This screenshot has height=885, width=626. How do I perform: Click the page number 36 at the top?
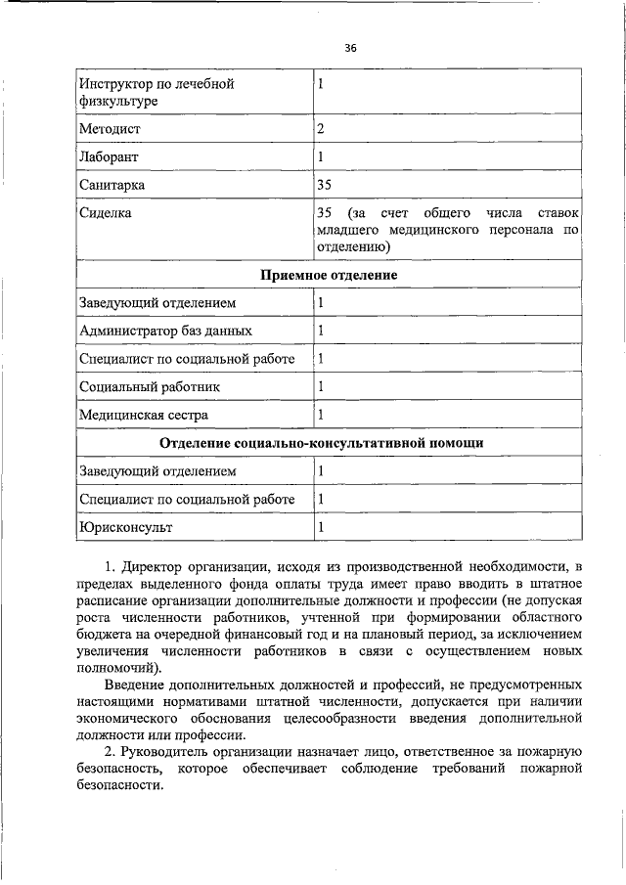point(350,47)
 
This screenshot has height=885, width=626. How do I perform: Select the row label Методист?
point(110,128)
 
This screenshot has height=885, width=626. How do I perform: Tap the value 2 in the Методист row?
point(320,128)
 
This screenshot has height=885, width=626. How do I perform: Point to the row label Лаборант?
point(109,156)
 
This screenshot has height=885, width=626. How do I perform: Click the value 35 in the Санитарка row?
point(325,184)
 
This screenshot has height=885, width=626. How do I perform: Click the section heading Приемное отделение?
point(328,275)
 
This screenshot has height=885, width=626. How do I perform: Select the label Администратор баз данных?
point(165,331)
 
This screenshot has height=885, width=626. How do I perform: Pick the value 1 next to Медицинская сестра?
point(320,415)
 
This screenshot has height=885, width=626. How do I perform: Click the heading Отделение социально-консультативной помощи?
point(322,443)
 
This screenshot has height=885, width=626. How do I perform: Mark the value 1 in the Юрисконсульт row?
point(320,527)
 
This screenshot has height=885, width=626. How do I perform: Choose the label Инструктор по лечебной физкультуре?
point(156,92)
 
